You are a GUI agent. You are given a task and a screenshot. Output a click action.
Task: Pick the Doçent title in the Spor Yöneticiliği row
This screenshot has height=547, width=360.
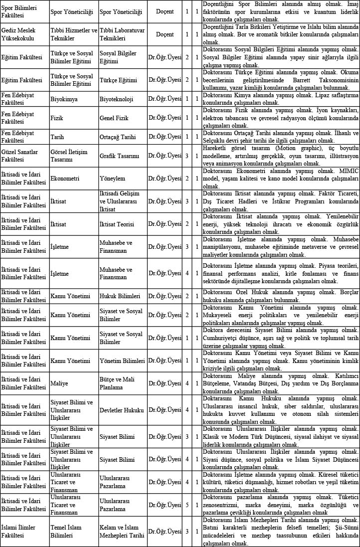(x=165, y=11)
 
